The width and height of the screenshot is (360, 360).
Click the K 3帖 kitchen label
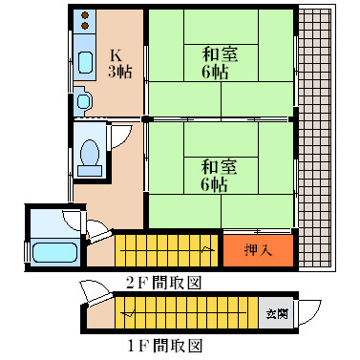coord(120,64)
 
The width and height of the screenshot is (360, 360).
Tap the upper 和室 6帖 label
coord(220,63)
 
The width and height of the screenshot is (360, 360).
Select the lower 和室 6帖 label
coord(219,176)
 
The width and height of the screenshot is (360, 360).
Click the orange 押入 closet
coord(258,250)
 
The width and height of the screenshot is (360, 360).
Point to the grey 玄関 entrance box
coord(276,314)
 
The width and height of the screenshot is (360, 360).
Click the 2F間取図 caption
coord(164,282)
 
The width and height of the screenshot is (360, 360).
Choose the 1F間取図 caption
coord(165,346)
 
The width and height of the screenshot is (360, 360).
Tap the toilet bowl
coord(90,158)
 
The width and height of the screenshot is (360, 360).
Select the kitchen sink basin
coord(85,62)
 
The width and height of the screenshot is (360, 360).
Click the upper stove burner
coord(85,15)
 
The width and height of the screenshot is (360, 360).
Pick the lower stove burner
coord(85,26)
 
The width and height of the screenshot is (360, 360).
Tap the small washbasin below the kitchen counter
coord(83,101)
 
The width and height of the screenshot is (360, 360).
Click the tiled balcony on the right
coord(314,138)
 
